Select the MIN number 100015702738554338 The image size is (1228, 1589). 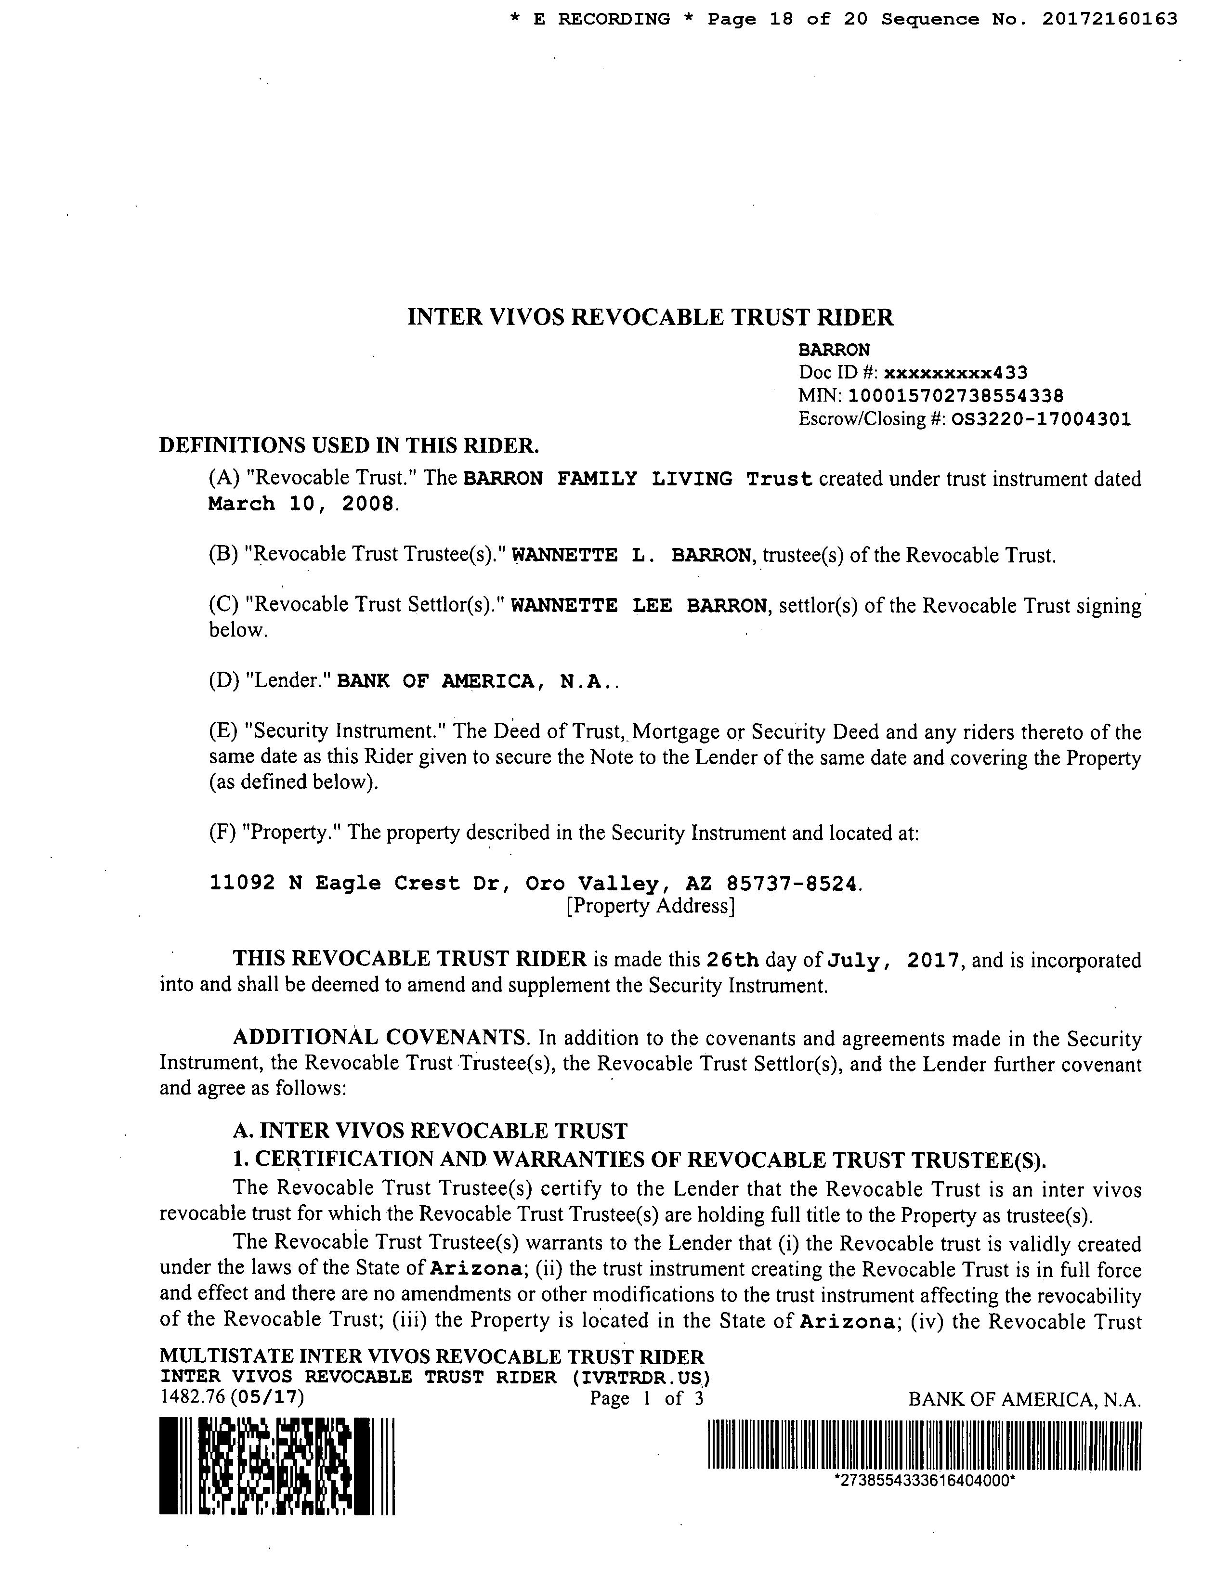(x=956, y=396)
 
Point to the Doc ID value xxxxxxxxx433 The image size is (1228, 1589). (x=955, y=373)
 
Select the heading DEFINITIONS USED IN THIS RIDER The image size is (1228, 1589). (x=349, y=444)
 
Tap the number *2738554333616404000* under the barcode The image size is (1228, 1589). (x=924, y=1481)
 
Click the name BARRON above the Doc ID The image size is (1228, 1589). (x=834, y=350)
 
